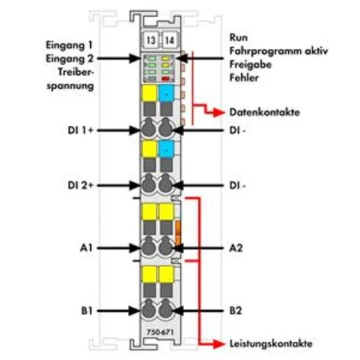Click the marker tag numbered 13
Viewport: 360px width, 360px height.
(x=151, y=40)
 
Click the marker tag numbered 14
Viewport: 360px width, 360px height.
(x=169, y=40)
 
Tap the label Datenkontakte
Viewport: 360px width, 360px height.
(x=264, y=113)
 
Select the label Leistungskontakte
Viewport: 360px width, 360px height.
(x=271, y=344)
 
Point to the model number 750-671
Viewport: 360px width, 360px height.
(x=160, y=332)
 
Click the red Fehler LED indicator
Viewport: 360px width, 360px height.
(x=166, y=79)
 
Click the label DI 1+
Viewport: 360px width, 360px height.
(x=80, y=130)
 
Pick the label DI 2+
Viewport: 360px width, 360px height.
(x=80, y=185)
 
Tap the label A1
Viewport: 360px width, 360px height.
(x=86, y=248)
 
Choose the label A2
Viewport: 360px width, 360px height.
(x=236, y=248)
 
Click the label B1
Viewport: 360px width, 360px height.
(x=87, y=310)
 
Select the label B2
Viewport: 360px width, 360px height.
(x=236, y=310)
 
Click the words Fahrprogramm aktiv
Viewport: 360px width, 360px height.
(x=279, y=51)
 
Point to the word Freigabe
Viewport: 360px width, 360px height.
(x=250, y=64)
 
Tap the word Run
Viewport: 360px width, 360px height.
(x=238, y=38)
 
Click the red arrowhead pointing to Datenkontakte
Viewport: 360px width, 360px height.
(x=219, y=113)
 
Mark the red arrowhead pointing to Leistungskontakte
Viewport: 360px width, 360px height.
(x=219, y=344)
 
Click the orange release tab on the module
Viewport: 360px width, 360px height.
(x=178, y=232)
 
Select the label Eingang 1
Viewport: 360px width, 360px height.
(x=69, y=45)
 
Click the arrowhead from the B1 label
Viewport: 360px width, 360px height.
(x=135, y=310)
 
